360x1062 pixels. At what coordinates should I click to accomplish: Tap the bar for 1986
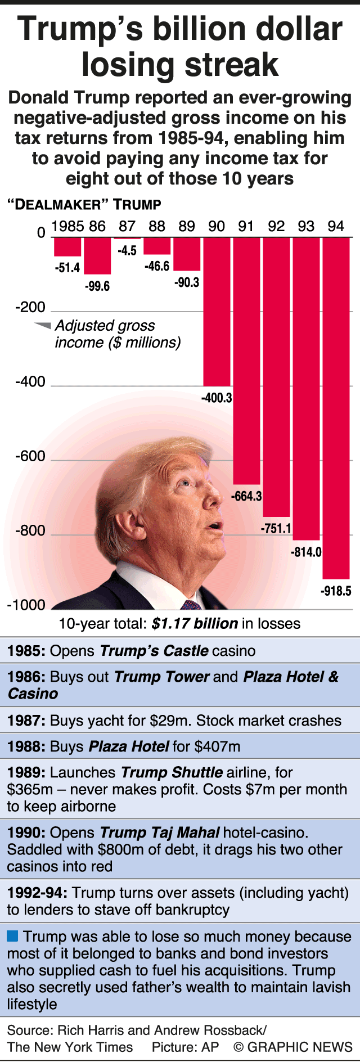pyautogui.click(x=97, y=256)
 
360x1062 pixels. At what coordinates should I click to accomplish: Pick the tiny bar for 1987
pyautogui.click(x=127, y=238)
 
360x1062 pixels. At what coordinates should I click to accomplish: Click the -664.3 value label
pyautogui.click(x=246, y=496)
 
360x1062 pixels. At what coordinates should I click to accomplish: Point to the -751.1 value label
pyautogui.click(x=276, y=528)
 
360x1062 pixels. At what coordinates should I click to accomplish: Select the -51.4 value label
pyautogui.click(x=67, y=268)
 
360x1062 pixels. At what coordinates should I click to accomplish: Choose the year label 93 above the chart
pyautogui.click(x=306, y=226)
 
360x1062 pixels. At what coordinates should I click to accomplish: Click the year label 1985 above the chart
pyautogui.click(x=67, y=226)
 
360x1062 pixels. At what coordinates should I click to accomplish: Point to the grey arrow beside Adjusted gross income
pyautogui.click(x=43, y=325)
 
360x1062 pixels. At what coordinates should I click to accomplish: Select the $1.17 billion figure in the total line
pyautogui.click(x=195, y=623)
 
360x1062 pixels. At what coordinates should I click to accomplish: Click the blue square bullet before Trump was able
pyautogui.click(x=12, y=937)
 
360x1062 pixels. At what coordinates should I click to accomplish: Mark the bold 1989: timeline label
pyautogui.click(x=26, y=772)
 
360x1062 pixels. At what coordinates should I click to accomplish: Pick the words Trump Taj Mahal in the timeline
pyautogui.click(x=160, y=832)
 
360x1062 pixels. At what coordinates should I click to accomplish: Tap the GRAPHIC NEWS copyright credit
pyautogui.click(x=292, y=1047)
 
